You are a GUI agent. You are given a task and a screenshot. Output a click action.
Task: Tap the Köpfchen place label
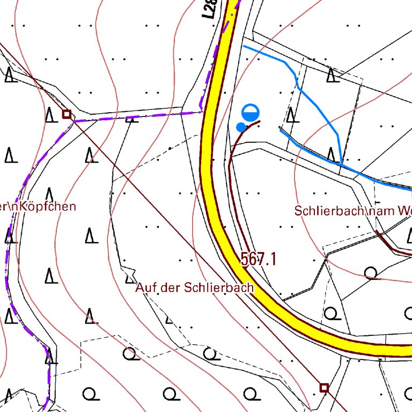tap(47, 207)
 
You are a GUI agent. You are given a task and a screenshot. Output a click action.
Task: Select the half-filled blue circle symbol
tap(251, 113)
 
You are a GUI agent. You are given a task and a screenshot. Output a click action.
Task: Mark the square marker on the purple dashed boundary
tap(67, 114)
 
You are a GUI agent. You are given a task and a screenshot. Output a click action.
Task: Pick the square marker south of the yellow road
tap(324, 387)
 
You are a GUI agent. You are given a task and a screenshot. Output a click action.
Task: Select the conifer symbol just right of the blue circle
tap(291, 115)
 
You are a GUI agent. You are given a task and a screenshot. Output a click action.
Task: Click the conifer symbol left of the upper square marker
tap(50, 114)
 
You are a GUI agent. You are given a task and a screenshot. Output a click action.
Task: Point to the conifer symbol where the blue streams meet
tap(333, 154)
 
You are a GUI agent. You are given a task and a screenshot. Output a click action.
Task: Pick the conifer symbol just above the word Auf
tap(129, 277)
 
